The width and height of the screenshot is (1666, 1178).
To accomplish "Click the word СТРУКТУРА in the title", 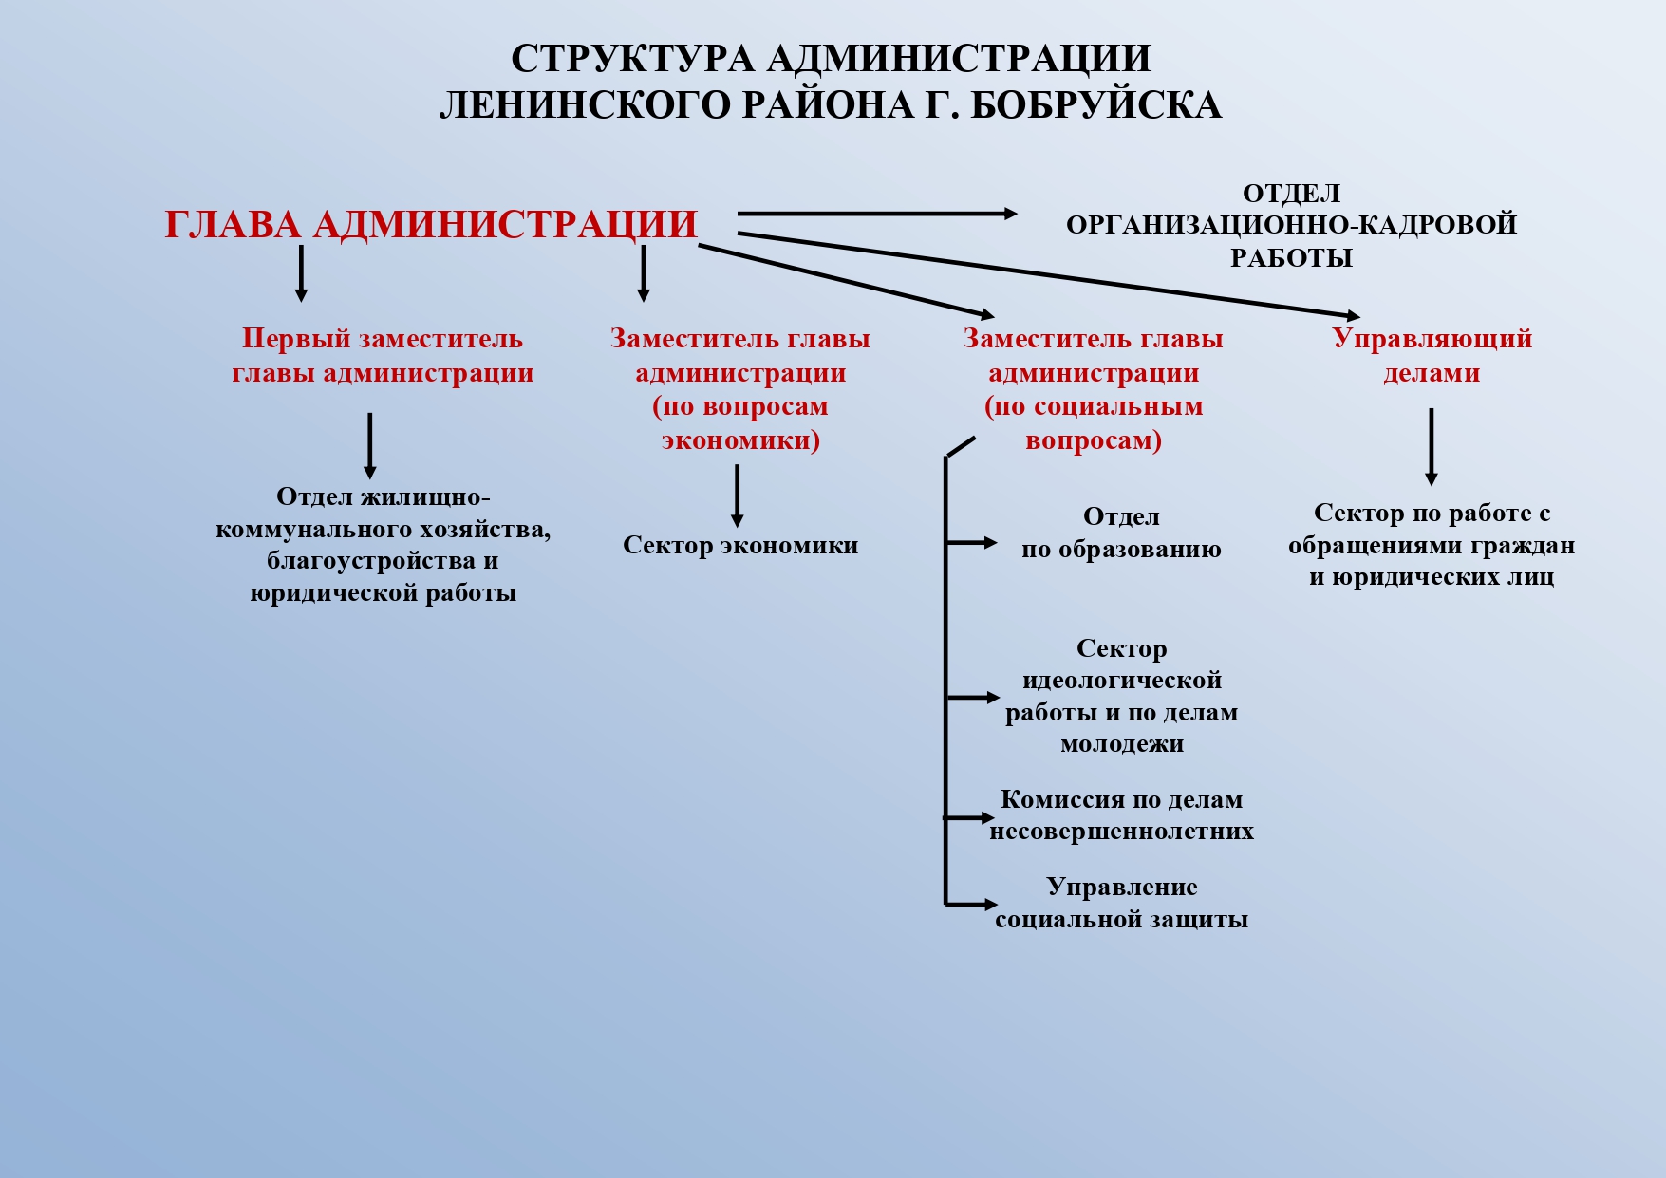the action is tap(632, 59).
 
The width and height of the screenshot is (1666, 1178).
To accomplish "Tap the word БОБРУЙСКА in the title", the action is tap(1096, 105).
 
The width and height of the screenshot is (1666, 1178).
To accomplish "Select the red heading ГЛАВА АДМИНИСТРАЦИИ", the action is tap(431, 225).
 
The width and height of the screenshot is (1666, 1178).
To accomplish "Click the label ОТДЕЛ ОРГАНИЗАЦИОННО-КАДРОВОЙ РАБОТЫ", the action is tap(1291, 226).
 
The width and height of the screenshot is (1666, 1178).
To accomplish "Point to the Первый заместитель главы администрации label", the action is tap(383, 356).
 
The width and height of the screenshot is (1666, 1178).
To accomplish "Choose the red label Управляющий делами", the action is tap(1432, 356).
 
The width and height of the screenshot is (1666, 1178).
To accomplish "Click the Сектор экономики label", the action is tap(740, 546).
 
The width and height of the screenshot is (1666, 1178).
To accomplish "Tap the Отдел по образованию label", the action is tap(1121, 533).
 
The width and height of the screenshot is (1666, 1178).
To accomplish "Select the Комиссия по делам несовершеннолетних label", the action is tap(1121, 815).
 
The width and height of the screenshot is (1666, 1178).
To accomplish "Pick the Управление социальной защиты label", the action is tap(1121, 903).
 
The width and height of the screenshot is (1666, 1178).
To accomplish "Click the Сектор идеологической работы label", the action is tap(1121, 696).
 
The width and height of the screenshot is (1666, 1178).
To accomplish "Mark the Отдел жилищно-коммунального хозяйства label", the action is tap(383, 545).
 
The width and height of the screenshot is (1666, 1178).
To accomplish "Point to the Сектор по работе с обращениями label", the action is tap(1432, 545).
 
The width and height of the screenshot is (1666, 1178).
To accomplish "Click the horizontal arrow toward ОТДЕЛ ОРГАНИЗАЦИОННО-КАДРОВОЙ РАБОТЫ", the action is tap(877, 215).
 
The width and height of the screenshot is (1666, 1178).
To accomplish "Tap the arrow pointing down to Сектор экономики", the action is tap(737, 496).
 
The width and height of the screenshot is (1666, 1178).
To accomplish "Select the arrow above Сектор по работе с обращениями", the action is tap(1431, 447).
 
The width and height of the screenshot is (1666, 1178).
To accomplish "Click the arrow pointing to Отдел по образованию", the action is tap(971, 542).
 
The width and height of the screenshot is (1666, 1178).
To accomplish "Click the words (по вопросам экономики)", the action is tap(740, 423).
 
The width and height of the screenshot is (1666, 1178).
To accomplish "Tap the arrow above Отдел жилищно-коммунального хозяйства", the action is tap(369, 446).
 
